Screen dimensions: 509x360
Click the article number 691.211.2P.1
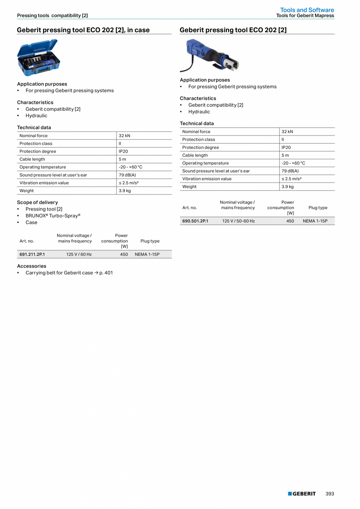[32, 254]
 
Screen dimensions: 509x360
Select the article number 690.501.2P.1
[195, 221]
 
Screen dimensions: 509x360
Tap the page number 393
[330, 494]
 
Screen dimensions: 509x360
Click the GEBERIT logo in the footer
[302, 494]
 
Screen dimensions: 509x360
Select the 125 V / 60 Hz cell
[79, 254]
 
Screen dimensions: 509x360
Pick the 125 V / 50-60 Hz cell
[238, 221]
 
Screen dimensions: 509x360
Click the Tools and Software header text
[307, 10]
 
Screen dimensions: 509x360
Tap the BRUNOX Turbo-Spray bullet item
[53, 216]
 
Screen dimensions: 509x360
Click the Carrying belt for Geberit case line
[69, 273]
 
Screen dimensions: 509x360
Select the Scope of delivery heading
[37, 202]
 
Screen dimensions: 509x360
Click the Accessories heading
[31, 266]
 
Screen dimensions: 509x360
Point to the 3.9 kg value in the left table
[125, 191]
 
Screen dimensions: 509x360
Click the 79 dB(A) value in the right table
[290, 171]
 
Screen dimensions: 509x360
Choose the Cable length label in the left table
[32, 159]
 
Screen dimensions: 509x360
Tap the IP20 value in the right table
[286, 147]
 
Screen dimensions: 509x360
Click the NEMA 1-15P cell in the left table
[147, 254]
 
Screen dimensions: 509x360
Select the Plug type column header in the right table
[318, 208]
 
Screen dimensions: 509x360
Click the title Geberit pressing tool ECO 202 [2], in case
[83, 30]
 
